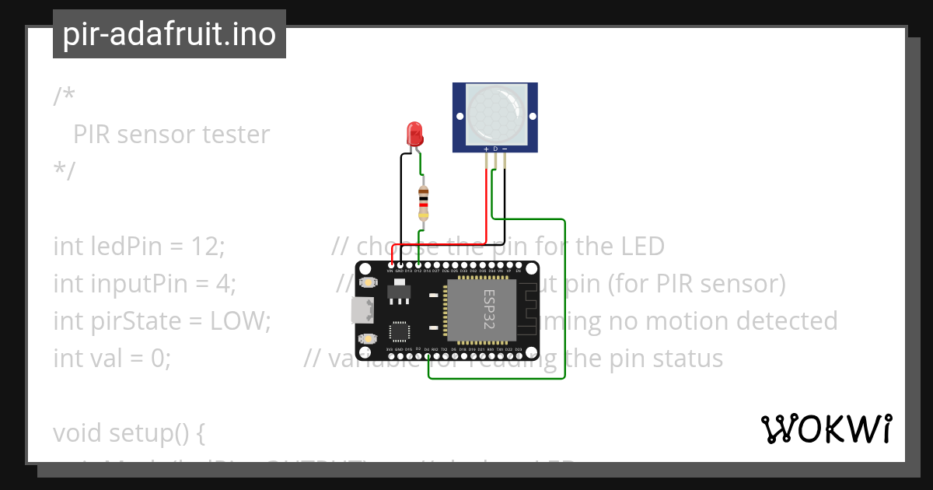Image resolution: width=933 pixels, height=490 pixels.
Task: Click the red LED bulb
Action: coord(415,133)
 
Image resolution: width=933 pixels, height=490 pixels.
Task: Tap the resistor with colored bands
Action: coord(423,203)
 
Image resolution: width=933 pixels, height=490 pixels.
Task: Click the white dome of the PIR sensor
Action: coord(496,111)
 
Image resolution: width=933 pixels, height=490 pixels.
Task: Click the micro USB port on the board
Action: coord(360,310)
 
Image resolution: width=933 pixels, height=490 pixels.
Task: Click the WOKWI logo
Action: coord(826,429)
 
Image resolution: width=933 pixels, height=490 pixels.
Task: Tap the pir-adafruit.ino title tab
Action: coord(169,34)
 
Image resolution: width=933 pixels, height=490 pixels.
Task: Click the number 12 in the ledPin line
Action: coord(206,247)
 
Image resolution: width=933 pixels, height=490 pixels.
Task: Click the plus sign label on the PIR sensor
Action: coord(487,148)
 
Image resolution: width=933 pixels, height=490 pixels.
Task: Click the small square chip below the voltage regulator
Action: coord(398,331)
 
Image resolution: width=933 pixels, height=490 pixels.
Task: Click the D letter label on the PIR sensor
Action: coord(495,148)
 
